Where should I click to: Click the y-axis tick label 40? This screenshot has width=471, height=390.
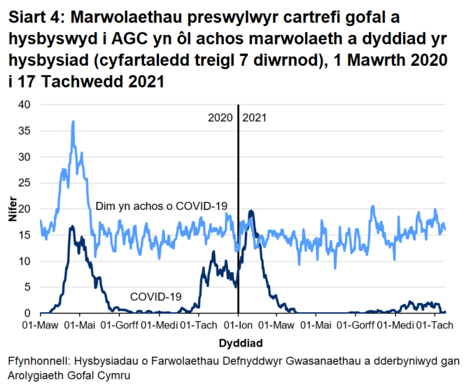coord(25,105)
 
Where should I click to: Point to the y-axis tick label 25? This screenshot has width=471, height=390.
coord(25,183)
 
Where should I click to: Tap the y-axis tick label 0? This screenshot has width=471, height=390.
coord(28,314)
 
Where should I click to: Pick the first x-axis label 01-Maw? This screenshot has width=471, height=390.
coord(40,326)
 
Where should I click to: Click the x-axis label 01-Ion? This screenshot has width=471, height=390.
coord(238,326)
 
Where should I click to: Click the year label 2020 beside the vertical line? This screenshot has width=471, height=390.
coord(220,118)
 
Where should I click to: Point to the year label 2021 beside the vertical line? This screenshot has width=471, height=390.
coord(255,118)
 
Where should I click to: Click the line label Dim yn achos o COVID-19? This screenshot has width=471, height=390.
coord(162,206)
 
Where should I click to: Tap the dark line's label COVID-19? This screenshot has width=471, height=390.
coord(156,297)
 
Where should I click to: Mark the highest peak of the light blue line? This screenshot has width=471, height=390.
coord(73,121)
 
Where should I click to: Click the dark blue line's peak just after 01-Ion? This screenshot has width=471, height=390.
coord(251,210)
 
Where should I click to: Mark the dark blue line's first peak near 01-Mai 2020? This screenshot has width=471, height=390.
coord(71,226)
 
